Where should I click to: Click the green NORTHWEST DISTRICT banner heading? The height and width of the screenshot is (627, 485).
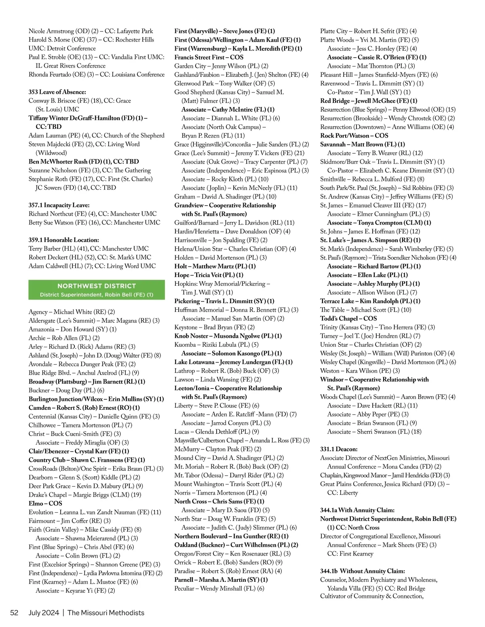[97, 286]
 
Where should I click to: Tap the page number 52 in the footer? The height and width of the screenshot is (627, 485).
[14, 613]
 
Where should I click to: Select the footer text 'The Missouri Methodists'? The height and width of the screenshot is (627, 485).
[106, 613]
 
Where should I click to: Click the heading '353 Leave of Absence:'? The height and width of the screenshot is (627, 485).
[57, 92]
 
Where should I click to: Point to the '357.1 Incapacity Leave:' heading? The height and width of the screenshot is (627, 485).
[59, 205]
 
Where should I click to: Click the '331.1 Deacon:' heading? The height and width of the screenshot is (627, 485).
[339, 449]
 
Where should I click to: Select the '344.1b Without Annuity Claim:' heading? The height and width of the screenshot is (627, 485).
[363, 571]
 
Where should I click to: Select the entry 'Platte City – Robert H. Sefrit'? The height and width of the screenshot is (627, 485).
[368, 31]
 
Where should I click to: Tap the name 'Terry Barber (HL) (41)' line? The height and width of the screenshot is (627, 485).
[89, 249]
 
